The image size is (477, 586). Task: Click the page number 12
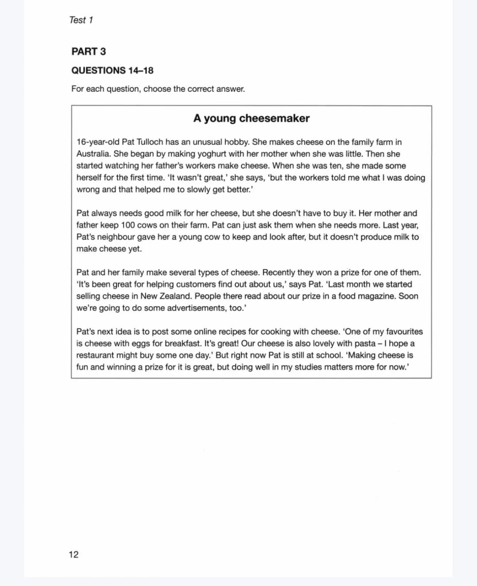[x=73, y=554]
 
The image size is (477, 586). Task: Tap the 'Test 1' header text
[x=81, y=20]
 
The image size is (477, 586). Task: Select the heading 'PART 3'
[x=89, y=51]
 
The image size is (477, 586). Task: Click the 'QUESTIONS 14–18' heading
[x=112, y=70]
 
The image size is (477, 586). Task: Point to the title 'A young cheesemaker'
[x=251, y=118]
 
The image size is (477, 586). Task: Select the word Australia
[x=92, y=154]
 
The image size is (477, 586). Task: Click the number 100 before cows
[x=128, y=225]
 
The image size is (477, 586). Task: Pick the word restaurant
[x=95, y=355]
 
